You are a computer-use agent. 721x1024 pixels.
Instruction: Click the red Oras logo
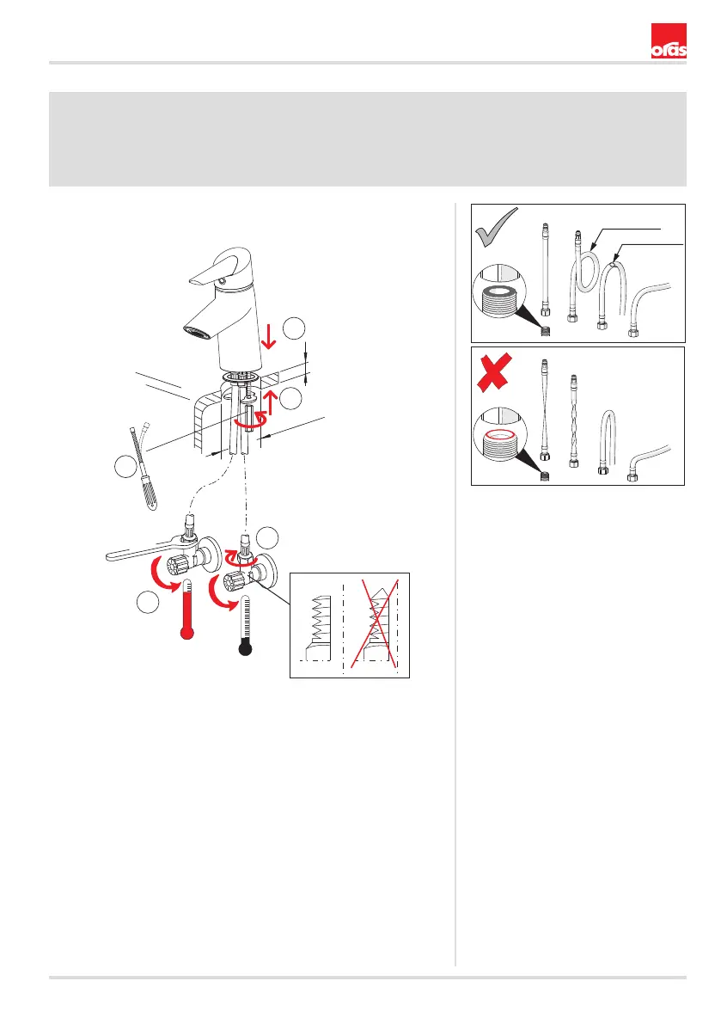[x=668, y=41]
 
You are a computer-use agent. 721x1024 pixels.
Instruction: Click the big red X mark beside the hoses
[x=495, y=371]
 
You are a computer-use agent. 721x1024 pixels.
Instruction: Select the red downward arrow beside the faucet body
[x=268, y=335]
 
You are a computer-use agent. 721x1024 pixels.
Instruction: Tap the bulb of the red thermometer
[x=187, y=632]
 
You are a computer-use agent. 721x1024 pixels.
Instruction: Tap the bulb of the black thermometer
[x=245, y=647]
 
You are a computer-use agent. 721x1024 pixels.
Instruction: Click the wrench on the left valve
[x=151, y=549]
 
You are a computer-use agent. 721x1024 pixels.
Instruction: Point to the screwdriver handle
[x=150, y=494]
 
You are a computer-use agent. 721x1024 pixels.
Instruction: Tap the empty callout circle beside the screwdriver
[x=126, y=466]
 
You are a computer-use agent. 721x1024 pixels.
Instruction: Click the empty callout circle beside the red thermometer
[x=148, y=602]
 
